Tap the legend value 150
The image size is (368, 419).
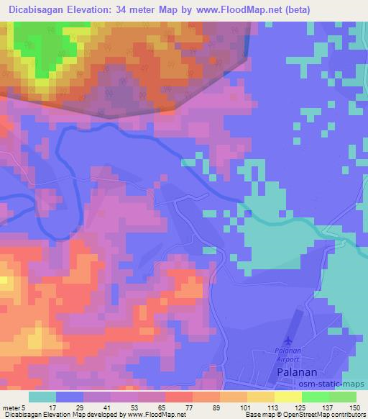coord(352,407)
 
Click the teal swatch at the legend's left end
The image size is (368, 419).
coord(42,397)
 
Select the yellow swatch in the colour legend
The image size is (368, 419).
coord(288,397)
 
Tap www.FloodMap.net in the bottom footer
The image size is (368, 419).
coord(150,415)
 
